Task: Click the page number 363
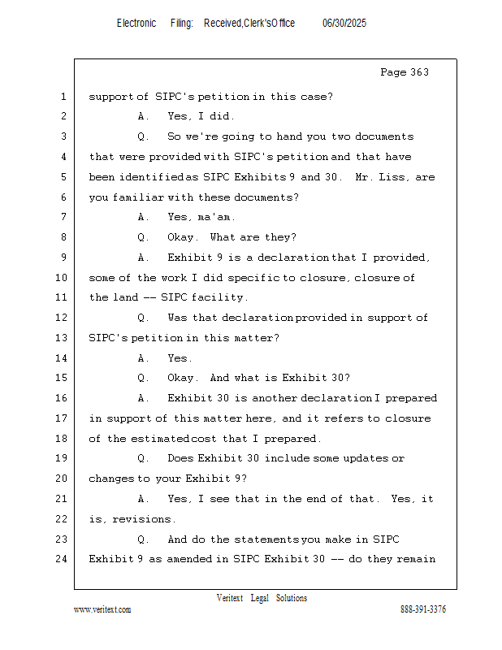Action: (419, 73)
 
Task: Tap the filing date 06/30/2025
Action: (344, 24)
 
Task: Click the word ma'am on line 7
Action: (217, 217)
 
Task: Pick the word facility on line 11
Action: (218, 297)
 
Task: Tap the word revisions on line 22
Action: (142, 519)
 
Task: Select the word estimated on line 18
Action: (160, 439)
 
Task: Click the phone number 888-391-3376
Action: (423, 609)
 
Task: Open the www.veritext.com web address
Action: (102, 609)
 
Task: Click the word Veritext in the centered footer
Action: (230, 598)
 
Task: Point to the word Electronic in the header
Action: (136, 24)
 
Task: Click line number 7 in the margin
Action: (63, 217)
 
